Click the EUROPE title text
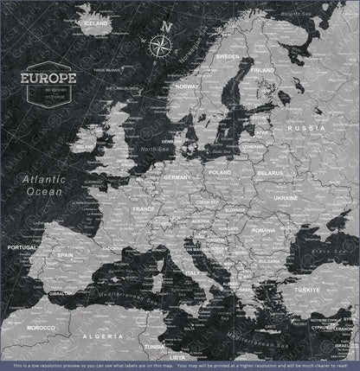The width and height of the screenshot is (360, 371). (x=51, y=78)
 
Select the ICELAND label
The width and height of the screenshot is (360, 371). (x=97, y=23)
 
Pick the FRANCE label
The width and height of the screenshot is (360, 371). (x=143, y=208)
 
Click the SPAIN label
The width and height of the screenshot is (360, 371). (x=65, y=256)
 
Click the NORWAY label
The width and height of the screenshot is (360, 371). (x=188, y=87)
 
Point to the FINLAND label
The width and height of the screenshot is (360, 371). (x=263, y=69)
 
